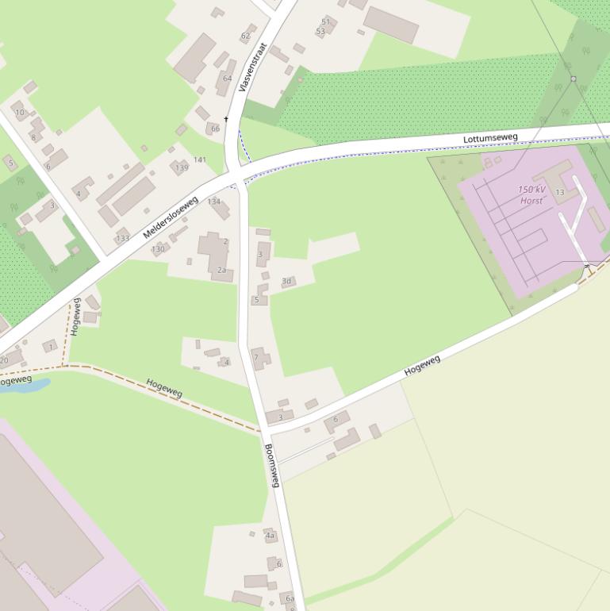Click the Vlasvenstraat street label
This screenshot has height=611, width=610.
pos(251,67)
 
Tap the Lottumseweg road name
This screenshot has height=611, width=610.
pos(490,138)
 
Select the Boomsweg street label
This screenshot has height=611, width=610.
pos(272,465)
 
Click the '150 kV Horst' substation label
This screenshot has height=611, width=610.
pos(532,195)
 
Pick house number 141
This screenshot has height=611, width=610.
pos(200,159)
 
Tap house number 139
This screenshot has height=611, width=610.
pos(182,167)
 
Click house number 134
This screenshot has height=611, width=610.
pos(214,202)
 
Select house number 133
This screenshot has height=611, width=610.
pos(122,238)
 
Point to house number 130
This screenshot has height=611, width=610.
pos(158,249)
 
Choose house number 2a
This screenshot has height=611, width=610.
pos(221,271)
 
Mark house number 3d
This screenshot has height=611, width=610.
pos(286,281)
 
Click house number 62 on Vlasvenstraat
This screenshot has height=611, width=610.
pos(245,36)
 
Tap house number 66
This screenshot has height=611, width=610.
pos(215,129)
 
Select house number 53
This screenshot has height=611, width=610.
pos(320,32)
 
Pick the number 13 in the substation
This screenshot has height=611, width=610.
pos(560,193)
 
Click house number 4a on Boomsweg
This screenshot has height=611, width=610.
pos(270,536)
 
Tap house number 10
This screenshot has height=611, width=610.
pos(20,113)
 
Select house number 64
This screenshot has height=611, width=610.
pos(228,78)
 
